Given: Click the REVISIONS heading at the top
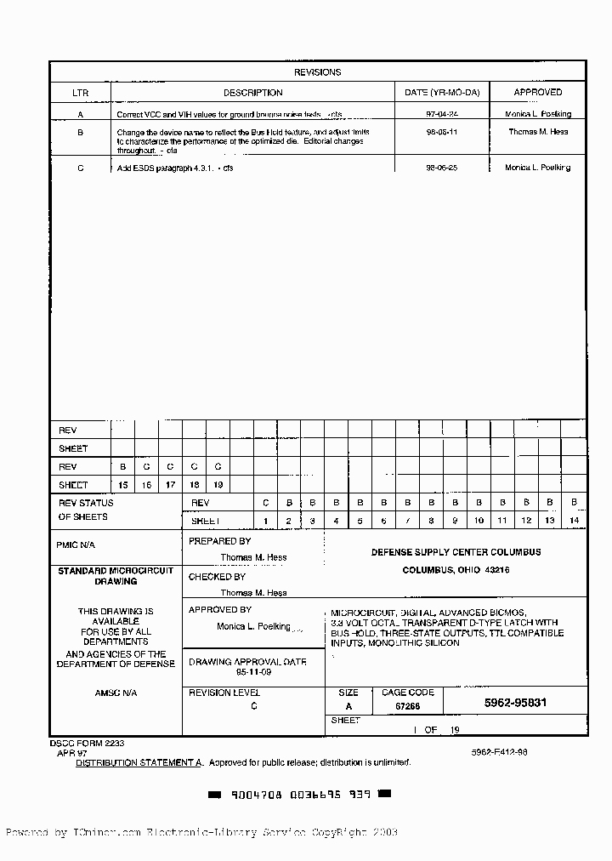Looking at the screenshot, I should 317,72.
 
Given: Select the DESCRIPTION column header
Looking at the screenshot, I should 252,93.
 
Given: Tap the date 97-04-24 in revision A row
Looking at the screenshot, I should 441,113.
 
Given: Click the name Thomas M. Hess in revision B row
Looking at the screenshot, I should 537,132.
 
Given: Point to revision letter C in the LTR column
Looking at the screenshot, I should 80,168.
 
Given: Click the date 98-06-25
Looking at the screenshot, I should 441,168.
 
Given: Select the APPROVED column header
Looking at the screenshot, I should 537,93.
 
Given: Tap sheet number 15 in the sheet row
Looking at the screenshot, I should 123,484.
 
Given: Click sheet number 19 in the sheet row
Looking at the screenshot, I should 218,484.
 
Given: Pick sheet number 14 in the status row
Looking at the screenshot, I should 574,520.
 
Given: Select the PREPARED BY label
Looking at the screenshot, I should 219,541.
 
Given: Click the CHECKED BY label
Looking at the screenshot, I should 217,577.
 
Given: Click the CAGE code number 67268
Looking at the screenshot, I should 406,706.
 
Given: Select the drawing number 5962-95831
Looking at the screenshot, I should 515,703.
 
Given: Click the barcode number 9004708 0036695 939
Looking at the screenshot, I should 299,794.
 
